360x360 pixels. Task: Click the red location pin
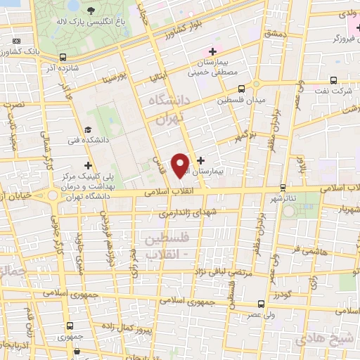pyautogui.click(x=181, y=165)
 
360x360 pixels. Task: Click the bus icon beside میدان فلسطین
pyautogui.click(x=241, y=89)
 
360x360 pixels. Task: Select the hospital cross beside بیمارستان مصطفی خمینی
pyautogui.click(x=212, y=52)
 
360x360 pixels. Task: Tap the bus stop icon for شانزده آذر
pyautogui.click(x=63, y=58)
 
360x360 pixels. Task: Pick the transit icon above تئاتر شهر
pyautogui.click(x=283, y=187)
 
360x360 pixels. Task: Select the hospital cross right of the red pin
pyautogui.click(x=202, y=161)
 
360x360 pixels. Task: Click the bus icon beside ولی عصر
pyautogui.click(x=262, y=304)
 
